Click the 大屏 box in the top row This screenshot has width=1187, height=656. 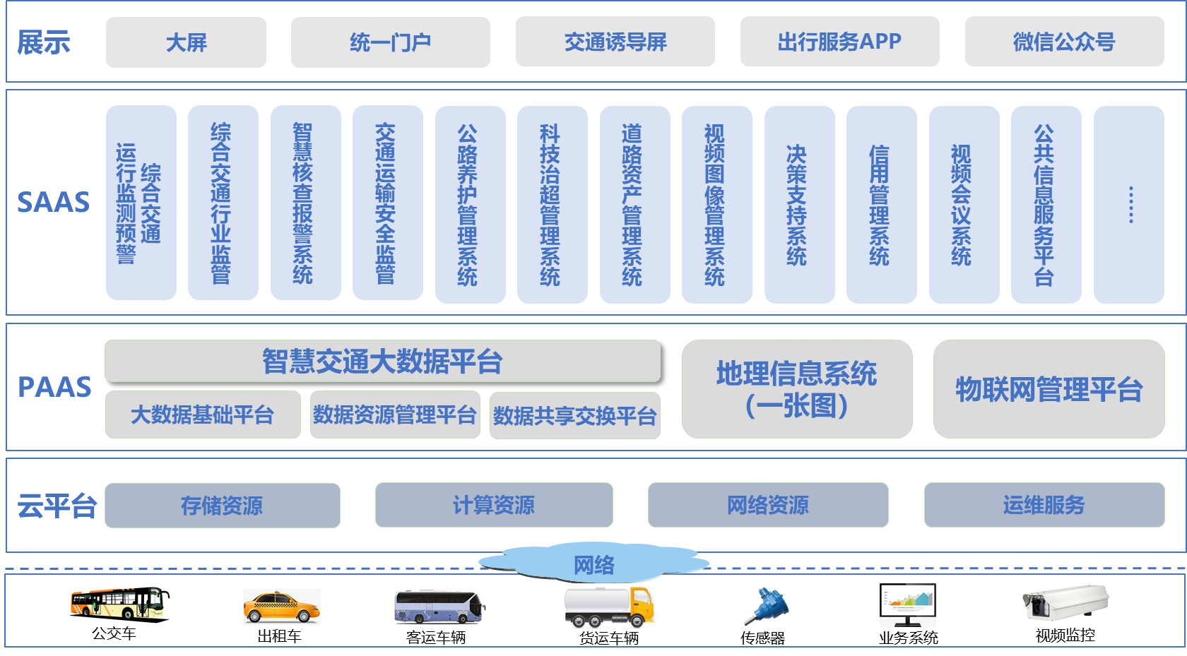tap(186, 42)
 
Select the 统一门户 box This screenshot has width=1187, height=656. tap(390, 42)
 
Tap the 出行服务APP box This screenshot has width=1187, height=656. tap(839, 42)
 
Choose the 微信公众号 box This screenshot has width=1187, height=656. tap(1064, 42)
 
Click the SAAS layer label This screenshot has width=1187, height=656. tap(54, 203)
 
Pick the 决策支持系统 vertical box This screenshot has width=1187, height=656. tap(799, 205)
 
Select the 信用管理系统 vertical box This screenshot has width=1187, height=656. tap(881, 205)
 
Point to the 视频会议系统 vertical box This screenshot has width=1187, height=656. tap(964, 205)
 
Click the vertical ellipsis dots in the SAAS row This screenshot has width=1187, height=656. tap(1130, 205)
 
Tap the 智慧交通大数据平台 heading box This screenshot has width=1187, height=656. tap(382, 362)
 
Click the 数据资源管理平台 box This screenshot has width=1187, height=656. tap(394, 415)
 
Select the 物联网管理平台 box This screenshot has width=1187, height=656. tap(1049, 389)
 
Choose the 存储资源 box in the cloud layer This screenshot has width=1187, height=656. tap(222, 506)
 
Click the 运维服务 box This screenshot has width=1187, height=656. tap(1044, 505)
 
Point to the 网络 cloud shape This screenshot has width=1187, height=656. tap(593, 563)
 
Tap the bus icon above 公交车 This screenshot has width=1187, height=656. tap(119, 604)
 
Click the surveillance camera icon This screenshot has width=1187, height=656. tap(1065, 604)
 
